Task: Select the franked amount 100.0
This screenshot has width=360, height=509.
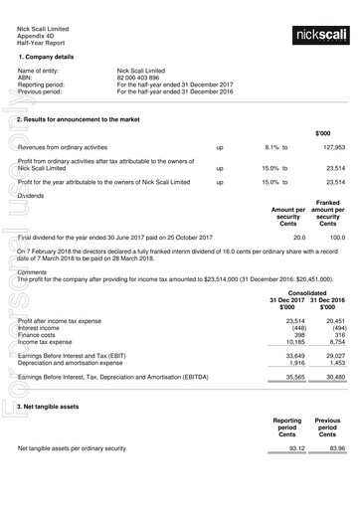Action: click(336, 239)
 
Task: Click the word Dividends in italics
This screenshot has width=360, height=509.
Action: click(32, 196)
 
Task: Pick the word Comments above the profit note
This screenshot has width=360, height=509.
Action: click(33, 271)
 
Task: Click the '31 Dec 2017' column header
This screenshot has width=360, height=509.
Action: click(287, 300)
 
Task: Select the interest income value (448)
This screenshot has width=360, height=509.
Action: click(295, 328)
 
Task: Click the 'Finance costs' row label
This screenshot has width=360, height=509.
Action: click(40, 335)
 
